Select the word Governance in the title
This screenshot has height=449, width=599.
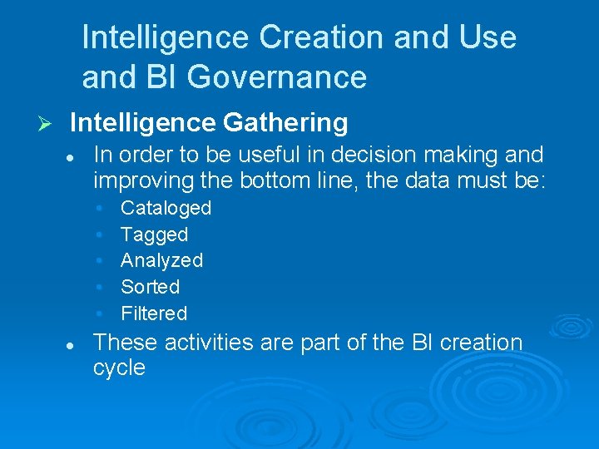pyautogui.click(x=277, y=77)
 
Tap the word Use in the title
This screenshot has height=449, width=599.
pyautogui.click(x=488, y=37)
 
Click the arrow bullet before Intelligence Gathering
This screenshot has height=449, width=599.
pyautogui.click(x=47, y=124)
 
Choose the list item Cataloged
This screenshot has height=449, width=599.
pyautogui.click(x=166, y=208)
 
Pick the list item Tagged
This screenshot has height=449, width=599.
pyautogui.click(x=154, y=234)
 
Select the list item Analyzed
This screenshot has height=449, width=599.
pyautogui.click(x=161, y=260)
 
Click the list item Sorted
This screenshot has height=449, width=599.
pyautogui.click(x=150, y=287)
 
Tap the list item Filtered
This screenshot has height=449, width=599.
pyautogui.click(x=154, y=313)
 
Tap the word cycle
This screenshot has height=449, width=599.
pyautogui.click(x=119, y=368)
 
